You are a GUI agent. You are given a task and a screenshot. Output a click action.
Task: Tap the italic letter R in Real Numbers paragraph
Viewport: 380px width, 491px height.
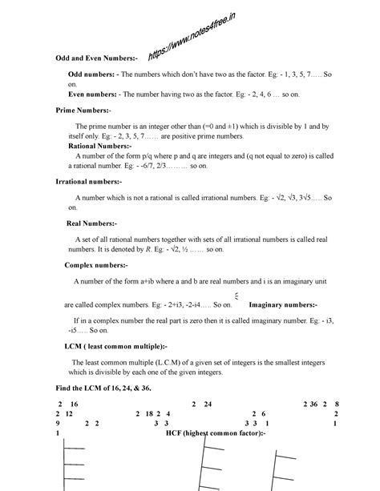[x=148, y=250]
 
